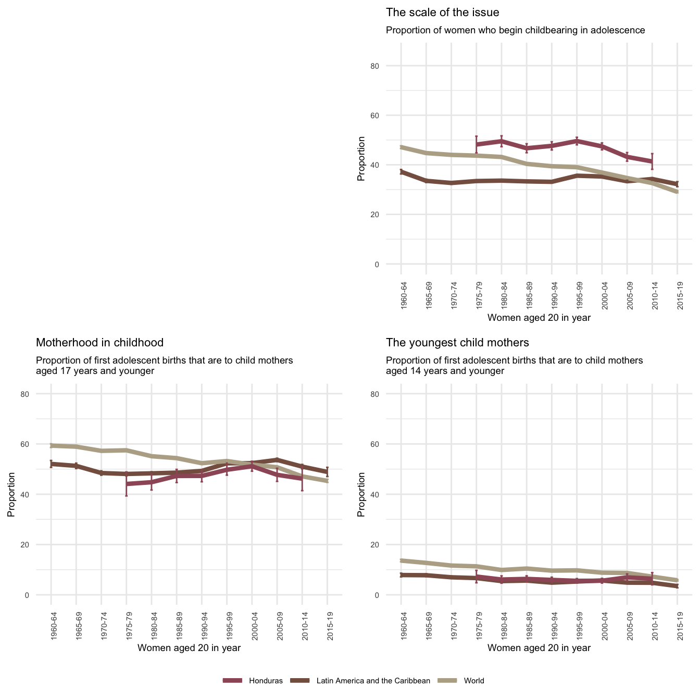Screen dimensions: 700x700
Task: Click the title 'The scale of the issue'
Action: click(x=442, y=12)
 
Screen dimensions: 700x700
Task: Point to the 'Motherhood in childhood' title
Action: click(x=99, y=343)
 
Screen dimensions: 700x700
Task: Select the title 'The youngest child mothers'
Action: click(x=457, y=343)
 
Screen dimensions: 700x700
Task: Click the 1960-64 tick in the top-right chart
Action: click(x=404, y=296)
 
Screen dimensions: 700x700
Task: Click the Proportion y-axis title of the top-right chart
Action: click(x=361, y=159)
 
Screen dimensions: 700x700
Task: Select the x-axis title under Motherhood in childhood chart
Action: click(x=189, y=648)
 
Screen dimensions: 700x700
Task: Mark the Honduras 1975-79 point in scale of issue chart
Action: click(x=477, y=144)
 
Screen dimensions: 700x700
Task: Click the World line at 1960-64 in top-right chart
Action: click(x=401, y=147)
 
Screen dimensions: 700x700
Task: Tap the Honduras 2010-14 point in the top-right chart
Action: click(x=652, y=161)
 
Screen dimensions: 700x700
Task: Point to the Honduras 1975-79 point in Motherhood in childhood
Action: click(x=127, y=484)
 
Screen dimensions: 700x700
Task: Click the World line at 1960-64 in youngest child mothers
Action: click(x=401, y=560)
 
